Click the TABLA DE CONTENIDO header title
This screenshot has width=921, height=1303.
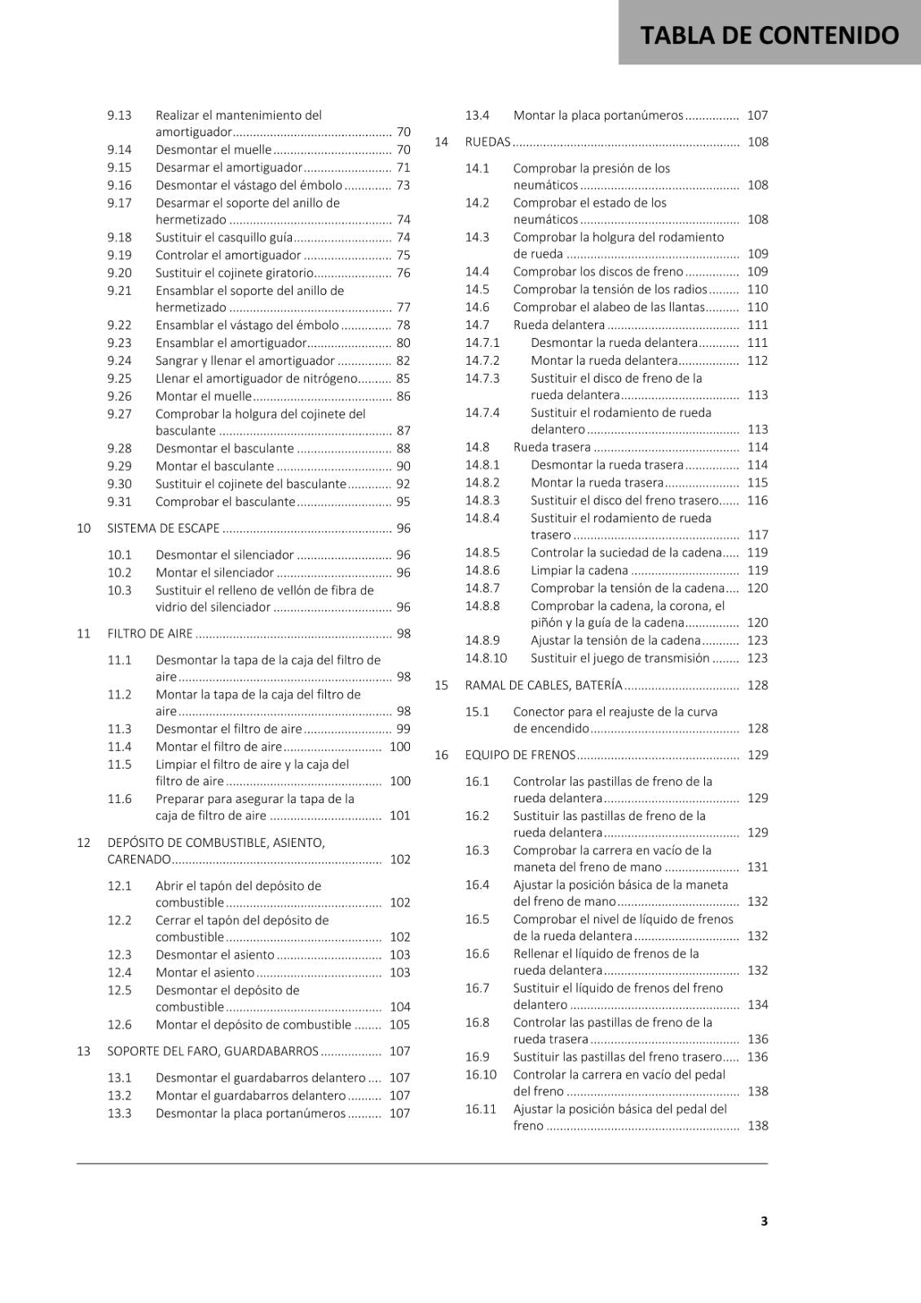point(769,35)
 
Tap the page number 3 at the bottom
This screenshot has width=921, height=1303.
point(764,1221)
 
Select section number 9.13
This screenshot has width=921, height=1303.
point(119,115)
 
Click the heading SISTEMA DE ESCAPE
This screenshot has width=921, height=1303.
point(163,528)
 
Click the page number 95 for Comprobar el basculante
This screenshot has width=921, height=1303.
point(403,502)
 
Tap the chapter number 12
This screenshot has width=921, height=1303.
point(83,842)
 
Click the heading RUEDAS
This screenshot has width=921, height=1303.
point(487,142)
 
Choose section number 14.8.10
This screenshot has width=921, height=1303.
point(486,658)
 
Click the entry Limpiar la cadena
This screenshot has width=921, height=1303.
point(579,570)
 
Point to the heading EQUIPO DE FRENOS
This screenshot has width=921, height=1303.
point(520,755)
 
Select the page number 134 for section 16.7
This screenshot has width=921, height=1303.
point(757,1005)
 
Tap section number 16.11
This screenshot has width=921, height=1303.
point(480,1108)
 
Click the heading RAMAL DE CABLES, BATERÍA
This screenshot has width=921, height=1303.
point(543,685)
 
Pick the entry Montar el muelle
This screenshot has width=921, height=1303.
point(204,396)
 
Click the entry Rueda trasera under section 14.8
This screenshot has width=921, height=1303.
point(552,446)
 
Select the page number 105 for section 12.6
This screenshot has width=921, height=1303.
point(399,1024)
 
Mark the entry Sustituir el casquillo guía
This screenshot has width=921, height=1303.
point(223,237)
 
